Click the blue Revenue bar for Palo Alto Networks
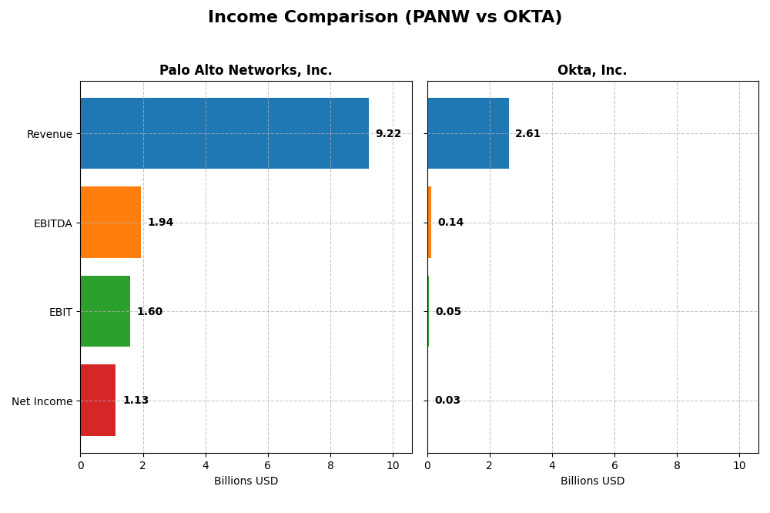[224, 133]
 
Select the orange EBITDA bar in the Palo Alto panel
[110, 223]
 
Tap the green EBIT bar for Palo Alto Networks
[105, 311]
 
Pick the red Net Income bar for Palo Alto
[98, 401]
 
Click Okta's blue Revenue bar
[467, 133]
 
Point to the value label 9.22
[388, 134]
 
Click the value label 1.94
[160, 223]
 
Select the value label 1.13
[136, 401]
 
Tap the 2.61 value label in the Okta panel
[527, 134]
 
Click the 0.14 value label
[450, 223]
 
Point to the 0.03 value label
[447, 401]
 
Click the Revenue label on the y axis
[49, 134]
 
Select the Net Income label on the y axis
[42, 401]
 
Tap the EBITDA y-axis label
[52, 223]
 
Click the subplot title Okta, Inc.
[592, 71]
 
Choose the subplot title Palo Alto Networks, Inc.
[246, 71]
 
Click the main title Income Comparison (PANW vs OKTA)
[385, 17]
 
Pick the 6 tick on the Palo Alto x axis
[268, 465]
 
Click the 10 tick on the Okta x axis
[739, 465]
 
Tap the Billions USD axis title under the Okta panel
[592, 481]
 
